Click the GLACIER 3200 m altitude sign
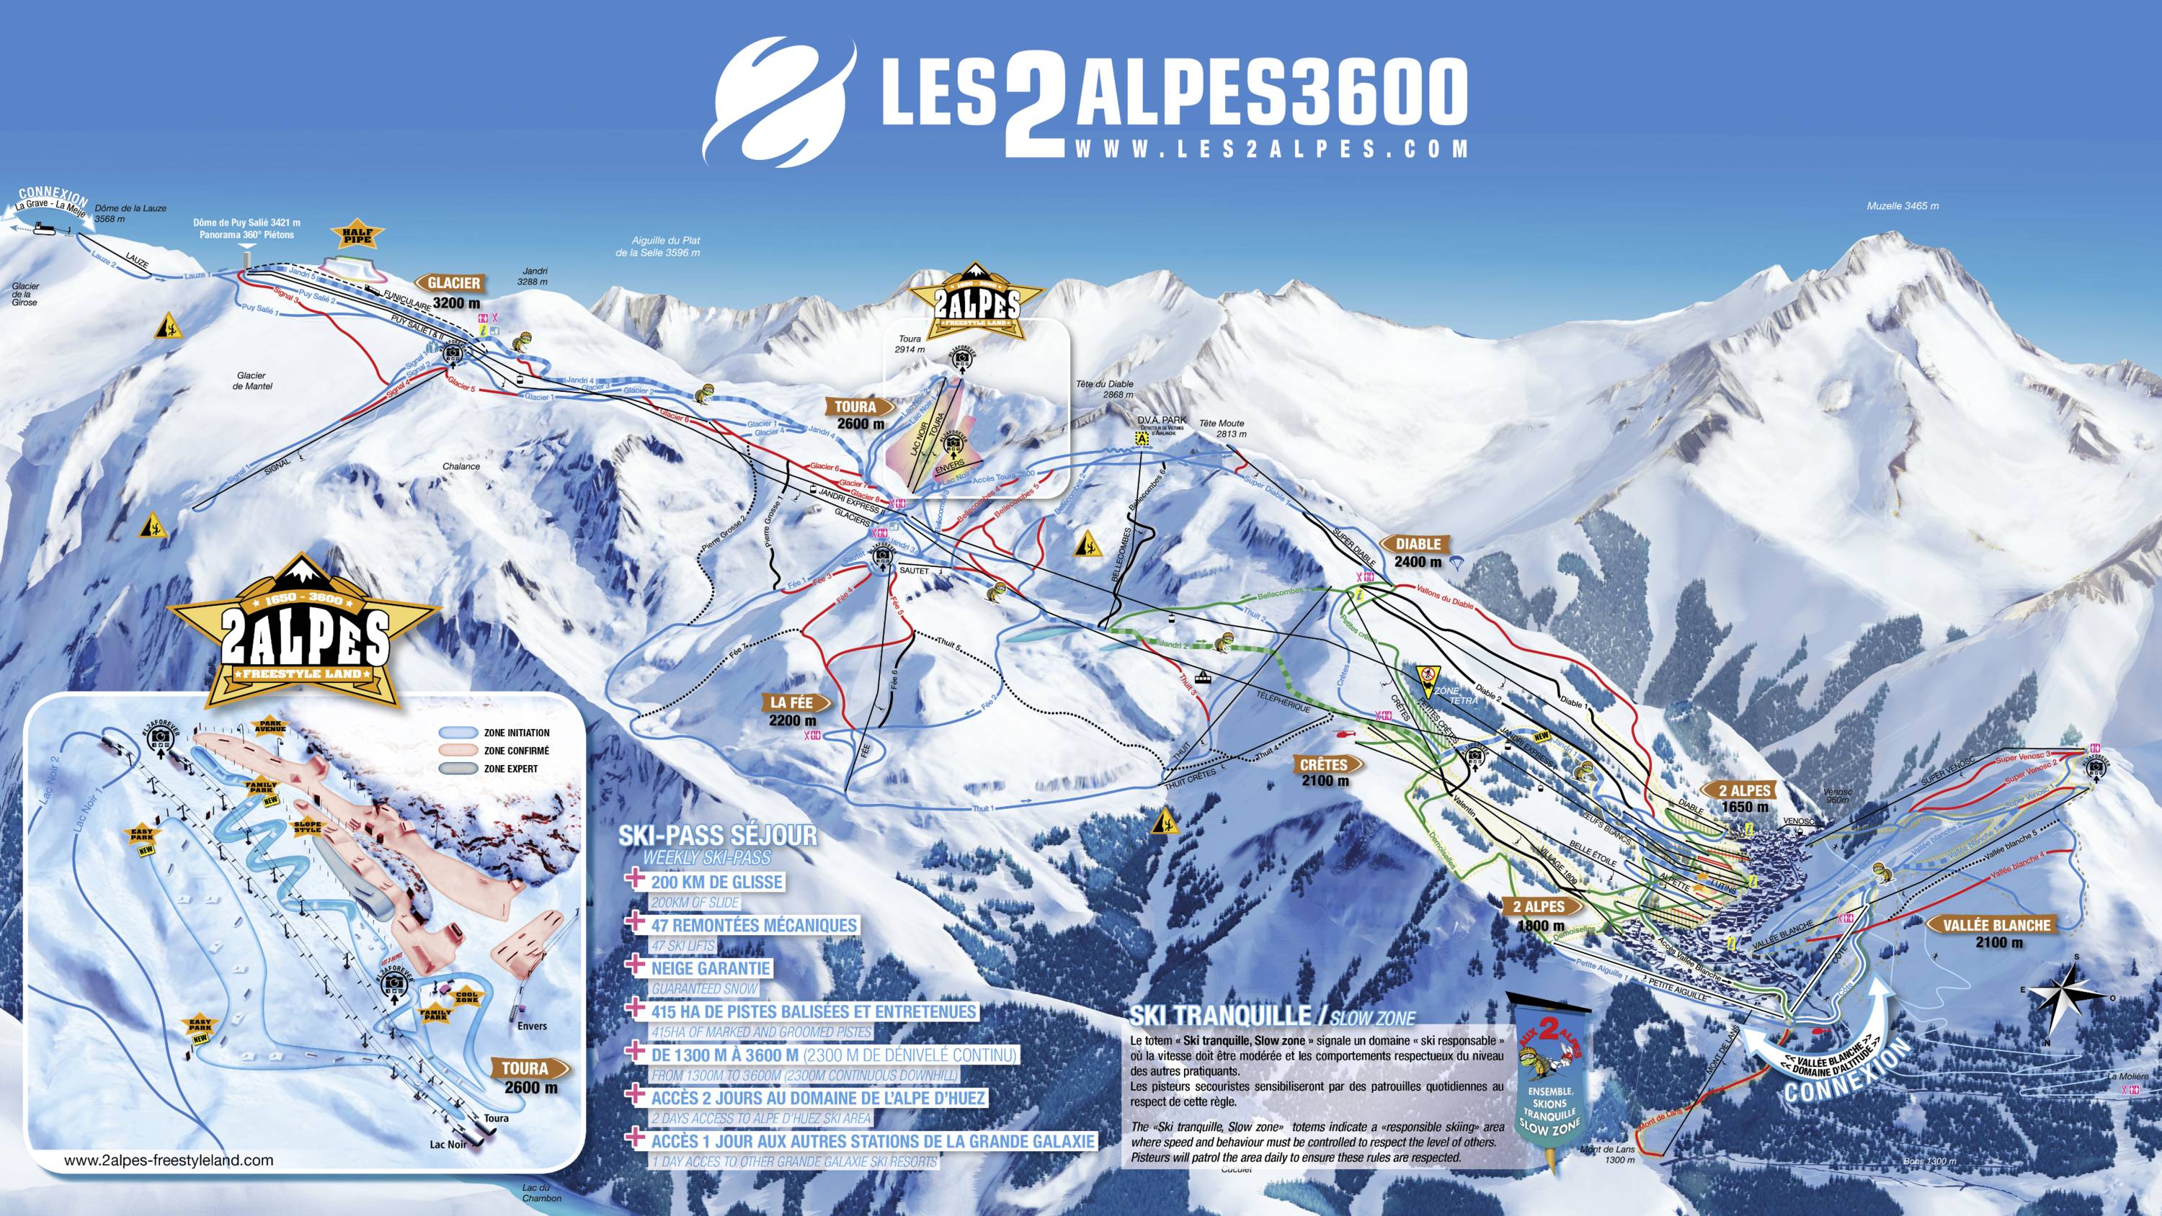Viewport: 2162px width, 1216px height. (x=454, y=291)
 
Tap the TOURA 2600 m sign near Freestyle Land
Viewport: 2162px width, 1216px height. (x=855, y=413)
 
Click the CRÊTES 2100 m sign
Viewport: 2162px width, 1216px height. (x=1325, y=772)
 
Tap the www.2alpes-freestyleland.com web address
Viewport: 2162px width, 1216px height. (x=168, y=1161)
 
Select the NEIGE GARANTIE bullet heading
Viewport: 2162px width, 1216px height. (x=709, y=968)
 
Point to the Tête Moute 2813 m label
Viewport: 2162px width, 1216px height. (x=1221, y=429)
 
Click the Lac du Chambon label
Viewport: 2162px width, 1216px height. (x=535, y=1192)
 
